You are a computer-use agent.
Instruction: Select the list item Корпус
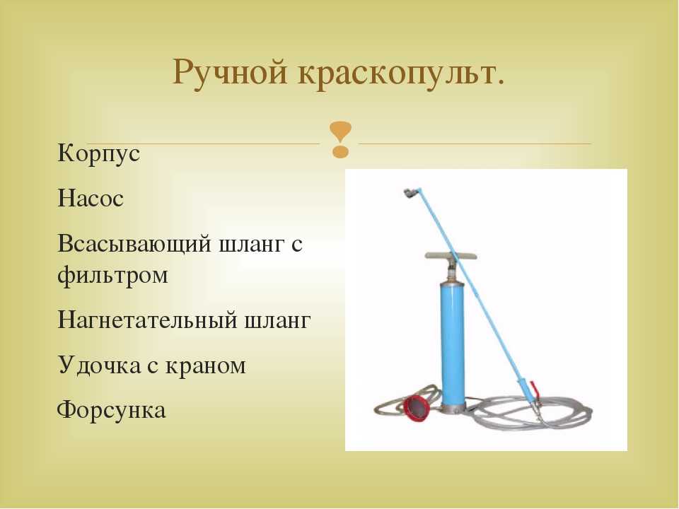click(x=99, y=153)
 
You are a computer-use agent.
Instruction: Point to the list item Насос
click(x=91, y=199)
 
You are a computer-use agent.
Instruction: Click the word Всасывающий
click(x=134, y=245)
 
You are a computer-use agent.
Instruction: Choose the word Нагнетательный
click(x=148, y=321)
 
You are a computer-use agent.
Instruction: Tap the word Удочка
click(x=99, y=365)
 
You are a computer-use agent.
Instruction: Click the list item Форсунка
click(x=111, y=410)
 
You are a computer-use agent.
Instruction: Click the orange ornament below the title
click(x=340, y=139)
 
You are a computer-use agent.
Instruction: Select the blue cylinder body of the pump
click(x=452, y=343)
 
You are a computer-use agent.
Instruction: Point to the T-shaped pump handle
click(x=451, y=256)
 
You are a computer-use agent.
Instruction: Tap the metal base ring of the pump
click(x=453, y=407)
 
